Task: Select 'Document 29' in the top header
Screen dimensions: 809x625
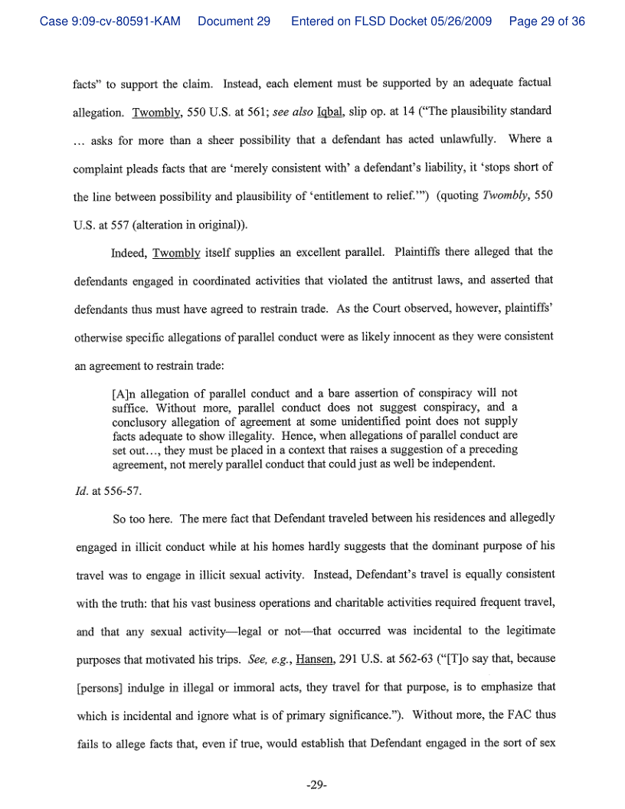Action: (x=234, y=21)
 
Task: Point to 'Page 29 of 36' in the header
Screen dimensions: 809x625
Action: (x=547, y=21)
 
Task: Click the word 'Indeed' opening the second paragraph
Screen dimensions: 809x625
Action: (x=129, y=252)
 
